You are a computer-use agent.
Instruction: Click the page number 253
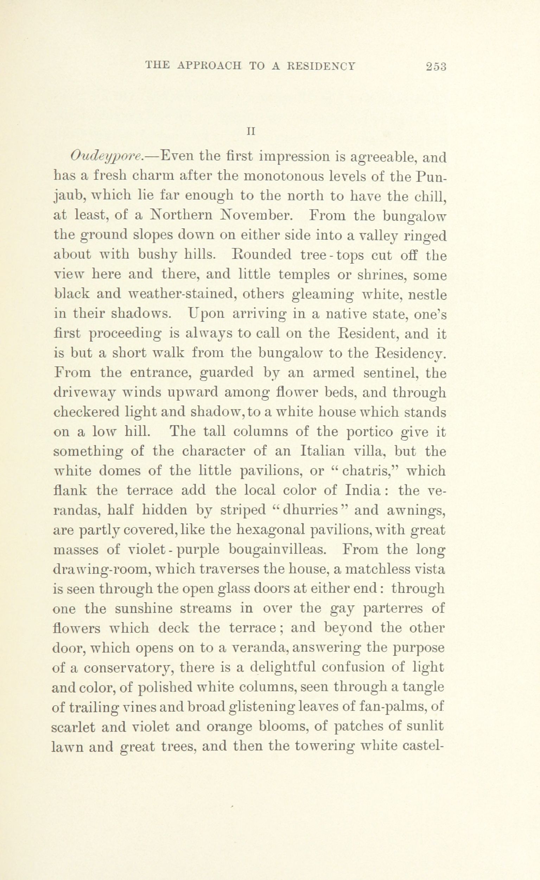pos(436,67)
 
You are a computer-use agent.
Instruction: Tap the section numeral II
pos(251,132)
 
